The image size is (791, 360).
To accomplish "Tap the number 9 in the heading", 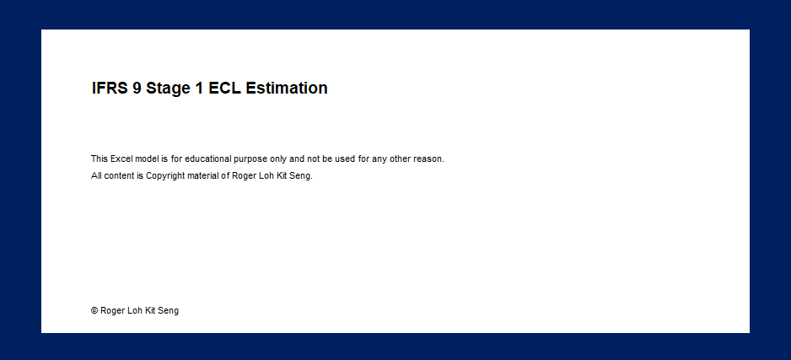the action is [x=137, y=89].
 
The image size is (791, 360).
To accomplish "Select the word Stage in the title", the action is [x=168, y=89].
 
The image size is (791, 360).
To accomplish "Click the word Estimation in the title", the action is [x=287, y=89].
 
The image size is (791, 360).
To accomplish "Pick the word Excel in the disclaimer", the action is [x=121, y=159].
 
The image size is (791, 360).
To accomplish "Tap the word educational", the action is [x=207, y=159].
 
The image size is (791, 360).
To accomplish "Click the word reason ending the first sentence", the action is [x=428, y=159].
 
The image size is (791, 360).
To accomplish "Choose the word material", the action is [x=203, y=176].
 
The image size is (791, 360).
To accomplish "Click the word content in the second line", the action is [x=119, y=176].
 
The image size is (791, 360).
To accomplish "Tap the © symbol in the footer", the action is [x=94, y=310].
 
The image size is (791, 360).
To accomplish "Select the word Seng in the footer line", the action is [x=168, y=311].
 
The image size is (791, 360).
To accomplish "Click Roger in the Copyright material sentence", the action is [x=243, y=176].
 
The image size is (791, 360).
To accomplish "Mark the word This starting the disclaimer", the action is [x=100, y=159].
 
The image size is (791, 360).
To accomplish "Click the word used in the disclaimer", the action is [x=345, y=159].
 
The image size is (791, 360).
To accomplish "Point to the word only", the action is [x=278, y=159].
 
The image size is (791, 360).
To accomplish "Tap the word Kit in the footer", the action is [x=150, y=310].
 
